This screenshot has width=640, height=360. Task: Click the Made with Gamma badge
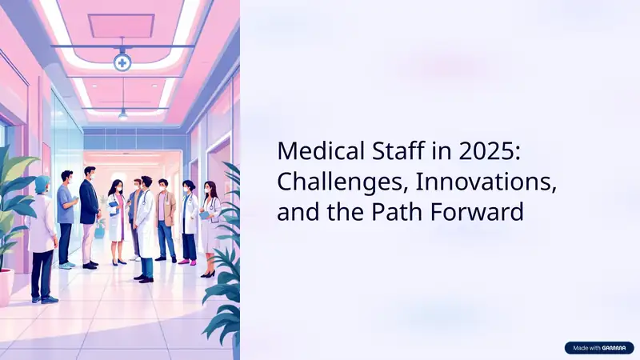pos(598,348)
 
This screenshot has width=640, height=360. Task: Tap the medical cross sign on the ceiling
pos(122,62)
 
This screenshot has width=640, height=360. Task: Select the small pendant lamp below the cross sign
pos(122,114)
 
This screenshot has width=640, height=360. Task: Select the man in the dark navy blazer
pos(89,204)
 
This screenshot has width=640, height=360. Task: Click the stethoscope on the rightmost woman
pos(211,204)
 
